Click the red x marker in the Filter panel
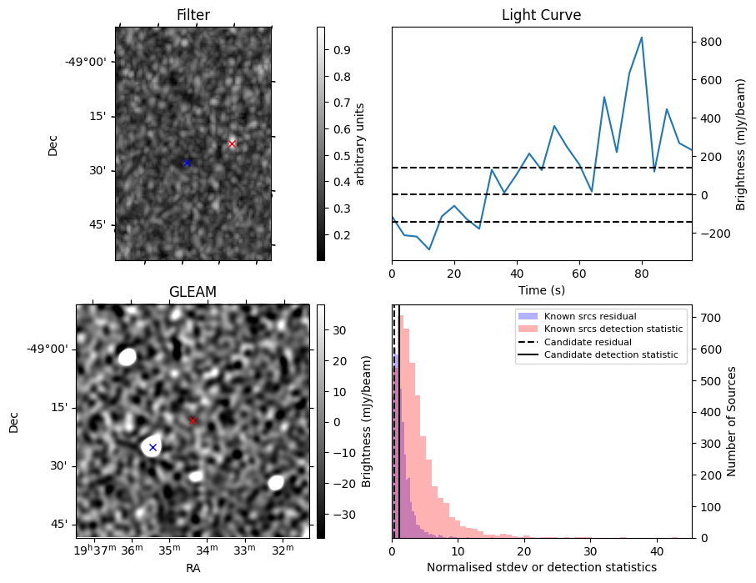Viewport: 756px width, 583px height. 232,143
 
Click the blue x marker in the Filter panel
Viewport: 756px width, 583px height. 187,163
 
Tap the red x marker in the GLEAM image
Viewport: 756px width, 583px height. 193,420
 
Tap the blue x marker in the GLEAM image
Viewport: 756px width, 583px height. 153,448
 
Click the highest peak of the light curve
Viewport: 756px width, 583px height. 641,38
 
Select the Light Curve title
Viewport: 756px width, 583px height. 541,15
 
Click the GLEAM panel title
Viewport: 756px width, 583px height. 193,292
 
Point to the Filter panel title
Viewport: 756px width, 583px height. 193,15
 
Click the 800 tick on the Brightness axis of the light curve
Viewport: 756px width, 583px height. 709,42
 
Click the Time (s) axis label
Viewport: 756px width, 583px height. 541,289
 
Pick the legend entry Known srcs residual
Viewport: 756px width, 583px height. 590,316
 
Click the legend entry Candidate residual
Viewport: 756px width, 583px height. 588,342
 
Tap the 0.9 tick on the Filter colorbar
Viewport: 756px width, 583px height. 339,50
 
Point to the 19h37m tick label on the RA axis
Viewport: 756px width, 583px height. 93,550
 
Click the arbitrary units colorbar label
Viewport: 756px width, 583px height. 360,143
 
